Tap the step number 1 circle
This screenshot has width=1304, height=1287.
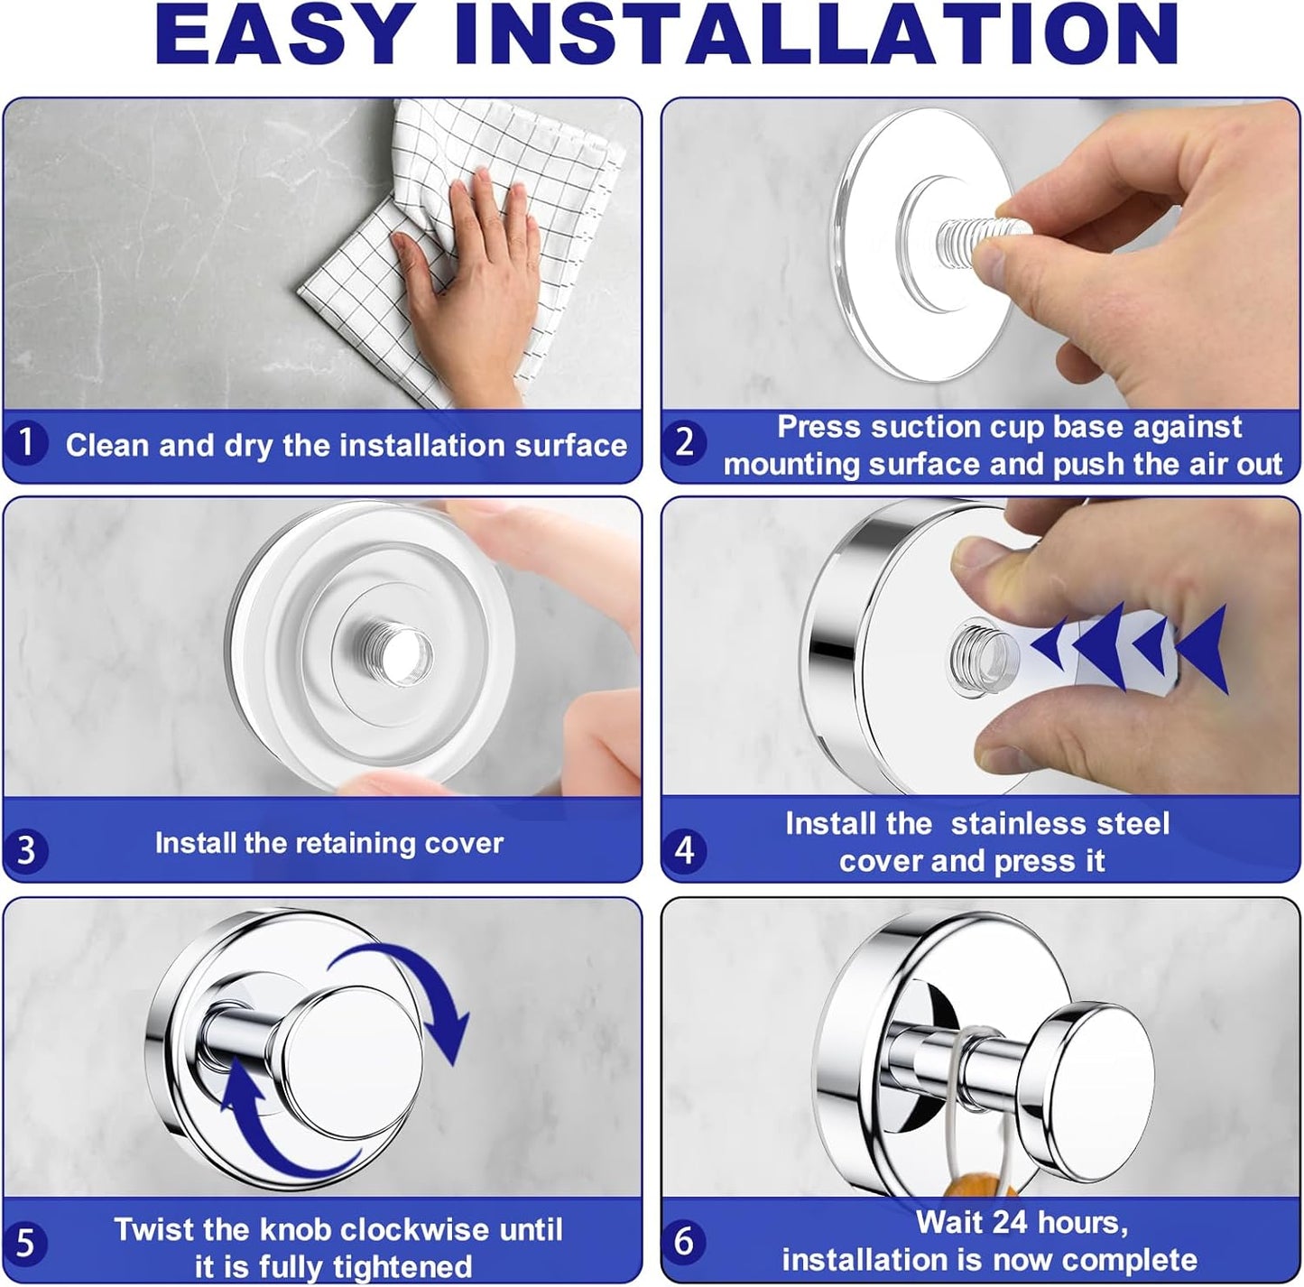[x=25, y=442]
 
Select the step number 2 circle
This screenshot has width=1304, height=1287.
[x=685, y=442]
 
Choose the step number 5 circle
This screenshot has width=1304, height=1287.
[x=25, y=1243]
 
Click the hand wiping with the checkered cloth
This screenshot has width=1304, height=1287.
[x=467, y=284]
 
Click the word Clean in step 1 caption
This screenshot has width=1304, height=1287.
[x=106, y=446]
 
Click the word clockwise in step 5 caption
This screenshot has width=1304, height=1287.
[x=414, y=1229]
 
